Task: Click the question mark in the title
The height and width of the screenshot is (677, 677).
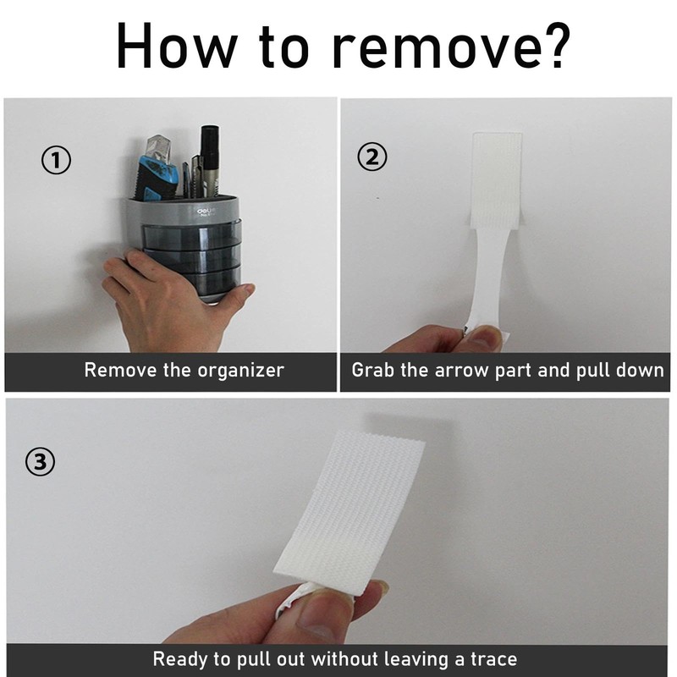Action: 553,46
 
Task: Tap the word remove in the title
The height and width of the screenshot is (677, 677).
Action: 432,51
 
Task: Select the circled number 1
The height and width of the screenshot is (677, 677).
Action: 56,160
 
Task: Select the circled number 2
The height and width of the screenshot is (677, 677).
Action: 372,157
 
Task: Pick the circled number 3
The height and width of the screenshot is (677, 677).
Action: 40,461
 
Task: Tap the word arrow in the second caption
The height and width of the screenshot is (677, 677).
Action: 460,371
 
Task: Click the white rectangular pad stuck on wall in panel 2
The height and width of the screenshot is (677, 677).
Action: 497,180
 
